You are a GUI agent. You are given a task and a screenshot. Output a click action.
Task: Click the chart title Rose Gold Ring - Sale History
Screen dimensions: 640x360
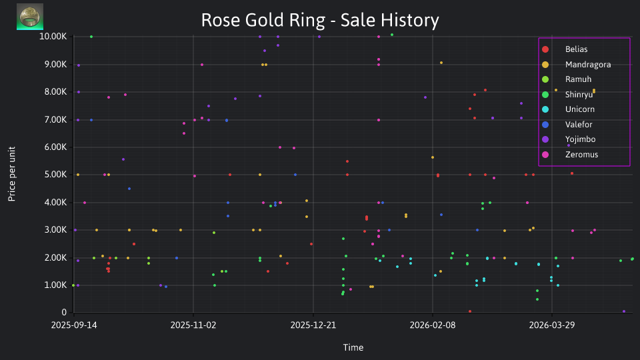point(320,20)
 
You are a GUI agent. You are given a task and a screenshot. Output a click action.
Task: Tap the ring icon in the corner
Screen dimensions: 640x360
point(30,17)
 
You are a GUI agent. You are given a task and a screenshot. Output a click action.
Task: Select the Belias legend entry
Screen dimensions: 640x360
point(576,49)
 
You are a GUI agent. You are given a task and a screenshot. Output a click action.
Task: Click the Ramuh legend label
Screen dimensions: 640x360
point(578,79)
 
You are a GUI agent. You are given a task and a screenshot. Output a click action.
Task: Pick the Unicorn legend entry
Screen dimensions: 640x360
point(579,109)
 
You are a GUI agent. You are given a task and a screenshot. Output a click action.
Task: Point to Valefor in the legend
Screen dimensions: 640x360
point(579,125)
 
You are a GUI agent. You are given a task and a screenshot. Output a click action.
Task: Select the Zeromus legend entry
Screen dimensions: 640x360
point(581,155)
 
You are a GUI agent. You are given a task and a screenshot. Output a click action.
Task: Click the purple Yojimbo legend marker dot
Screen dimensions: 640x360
point(545,139)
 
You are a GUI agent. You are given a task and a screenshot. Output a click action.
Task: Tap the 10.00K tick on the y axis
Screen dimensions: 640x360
point(53,36)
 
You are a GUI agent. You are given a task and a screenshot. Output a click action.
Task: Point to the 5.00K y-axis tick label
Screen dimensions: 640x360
point(55,174)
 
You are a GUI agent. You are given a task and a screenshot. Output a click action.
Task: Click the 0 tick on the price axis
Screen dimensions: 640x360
point(64,312)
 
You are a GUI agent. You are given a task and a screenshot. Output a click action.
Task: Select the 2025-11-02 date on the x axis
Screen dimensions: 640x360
point(193,325)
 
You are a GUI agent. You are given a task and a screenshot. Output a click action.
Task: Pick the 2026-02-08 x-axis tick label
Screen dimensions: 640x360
point(433,325)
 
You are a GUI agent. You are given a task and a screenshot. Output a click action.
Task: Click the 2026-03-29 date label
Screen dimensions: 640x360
point(552,325)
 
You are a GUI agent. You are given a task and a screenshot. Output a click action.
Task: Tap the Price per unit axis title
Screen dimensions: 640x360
point(12,174)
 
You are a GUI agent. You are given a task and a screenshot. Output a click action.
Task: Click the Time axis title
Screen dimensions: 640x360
point(353,347)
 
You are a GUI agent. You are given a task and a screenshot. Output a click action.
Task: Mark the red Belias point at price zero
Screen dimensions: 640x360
point(470,311)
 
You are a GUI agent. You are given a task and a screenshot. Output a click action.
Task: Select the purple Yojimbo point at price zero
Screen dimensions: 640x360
point(624,311)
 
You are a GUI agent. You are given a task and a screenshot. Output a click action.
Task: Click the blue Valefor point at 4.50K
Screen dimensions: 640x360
point(129,189)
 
